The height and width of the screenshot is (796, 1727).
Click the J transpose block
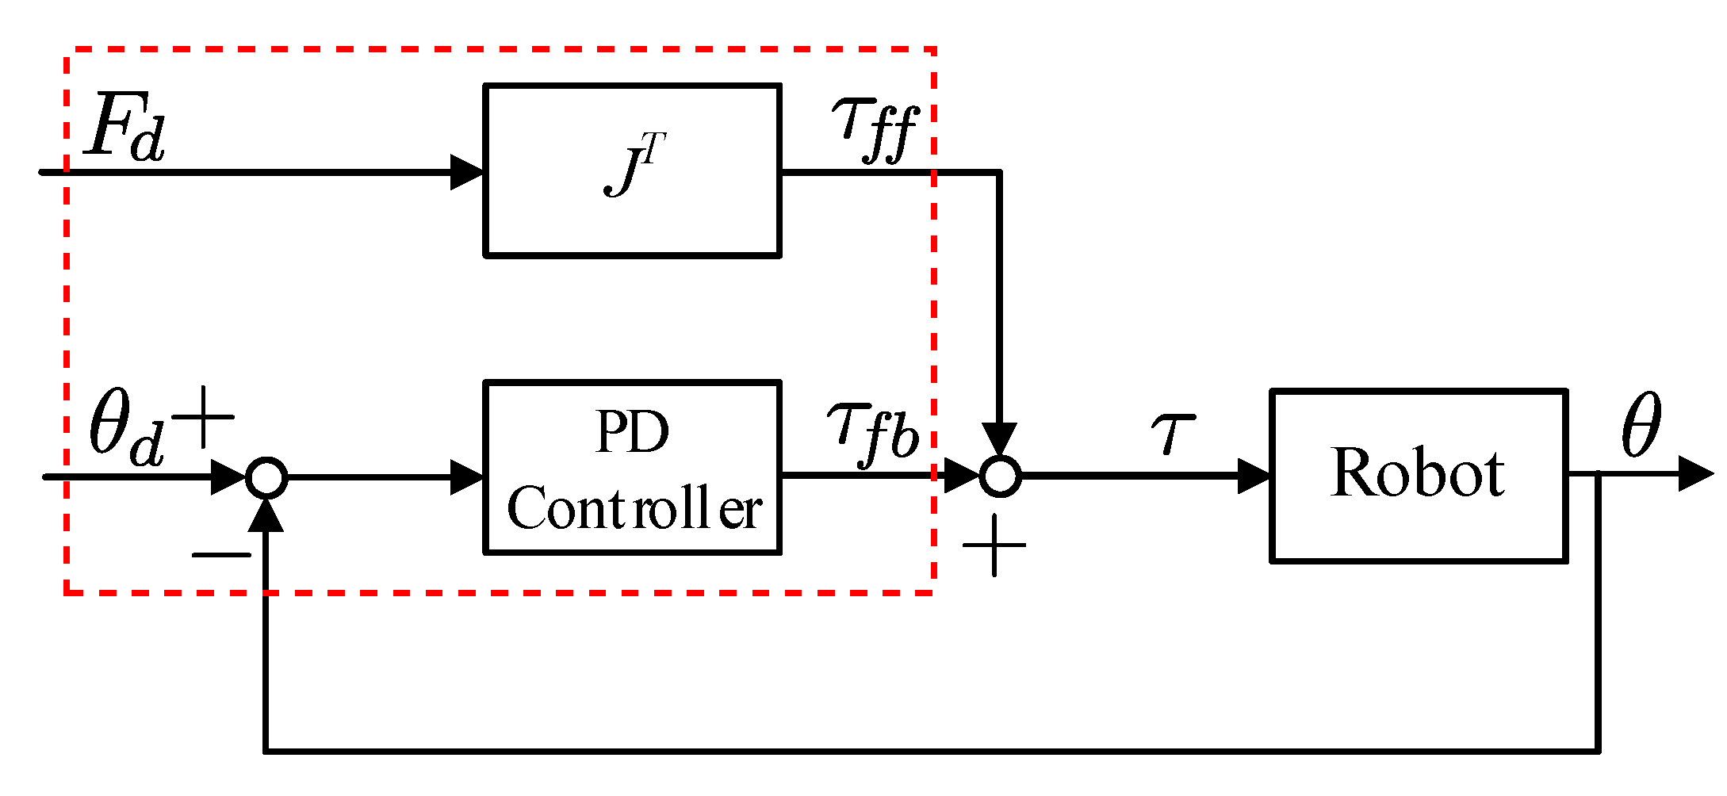[632, 170]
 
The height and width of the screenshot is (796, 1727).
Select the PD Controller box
[632, 467]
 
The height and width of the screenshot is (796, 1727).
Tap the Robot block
[1418, 475]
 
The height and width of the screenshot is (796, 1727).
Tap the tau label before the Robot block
[1172, 432]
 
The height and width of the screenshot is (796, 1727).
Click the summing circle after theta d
[266, 477]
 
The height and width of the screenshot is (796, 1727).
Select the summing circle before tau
[1000, 476]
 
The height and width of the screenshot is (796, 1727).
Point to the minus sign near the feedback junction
[221, 554]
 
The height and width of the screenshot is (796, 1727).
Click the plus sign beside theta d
[204, 418]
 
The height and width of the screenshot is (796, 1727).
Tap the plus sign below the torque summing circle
[994, 545]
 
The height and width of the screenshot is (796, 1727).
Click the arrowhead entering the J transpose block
[467, 171]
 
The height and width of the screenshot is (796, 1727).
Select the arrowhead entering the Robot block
[1254, 476]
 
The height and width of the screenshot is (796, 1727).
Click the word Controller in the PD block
[634, 509]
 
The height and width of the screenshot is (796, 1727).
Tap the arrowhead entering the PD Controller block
[467, 477]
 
